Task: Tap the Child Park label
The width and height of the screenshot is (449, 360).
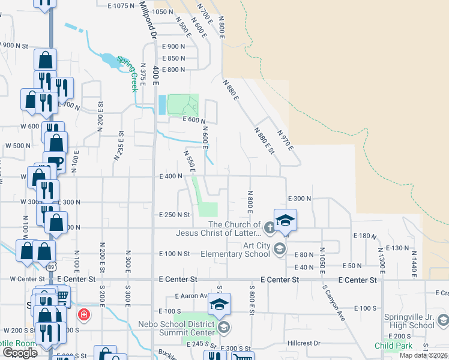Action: [394, 346]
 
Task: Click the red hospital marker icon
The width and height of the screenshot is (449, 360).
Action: [84, 314]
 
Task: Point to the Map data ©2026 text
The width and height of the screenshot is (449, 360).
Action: [424, 355]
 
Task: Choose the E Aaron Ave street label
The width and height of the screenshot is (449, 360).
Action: [191, 296]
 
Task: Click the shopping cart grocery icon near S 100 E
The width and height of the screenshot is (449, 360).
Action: [62, 296]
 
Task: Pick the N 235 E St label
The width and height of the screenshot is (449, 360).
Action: [118, 146]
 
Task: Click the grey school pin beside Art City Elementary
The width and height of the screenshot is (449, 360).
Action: [279, 248]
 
